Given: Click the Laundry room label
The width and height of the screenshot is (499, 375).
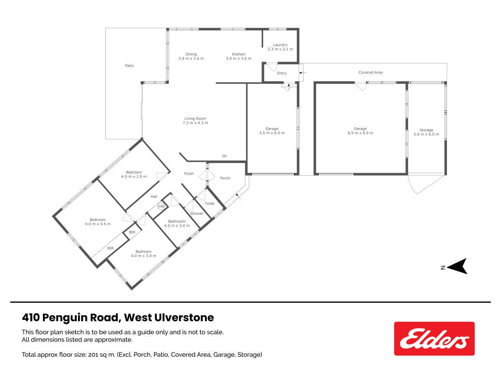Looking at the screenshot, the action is (280, 47).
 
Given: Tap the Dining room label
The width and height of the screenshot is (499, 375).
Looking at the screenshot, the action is (191, 56).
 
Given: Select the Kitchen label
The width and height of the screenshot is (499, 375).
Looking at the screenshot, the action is (238, 56).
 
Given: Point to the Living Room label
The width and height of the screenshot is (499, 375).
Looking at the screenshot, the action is (195, 120).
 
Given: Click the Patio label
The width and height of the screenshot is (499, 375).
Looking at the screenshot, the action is (129, 66).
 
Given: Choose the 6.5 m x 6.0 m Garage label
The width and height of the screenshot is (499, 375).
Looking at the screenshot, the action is (360, 131).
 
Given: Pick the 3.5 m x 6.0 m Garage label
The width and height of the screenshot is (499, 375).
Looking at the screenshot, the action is (272, 131).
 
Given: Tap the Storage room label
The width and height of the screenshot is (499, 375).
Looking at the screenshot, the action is (426, 132).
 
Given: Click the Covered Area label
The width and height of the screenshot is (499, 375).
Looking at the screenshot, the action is (370, 72).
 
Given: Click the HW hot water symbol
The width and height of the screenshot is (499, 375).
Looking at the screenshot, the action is (161, 207).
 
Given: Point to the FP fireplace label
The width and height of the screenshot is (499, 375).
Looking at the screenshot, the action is (224, 156).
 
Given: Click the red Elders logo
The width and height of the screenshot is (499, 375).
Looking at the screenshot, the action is (434, 339).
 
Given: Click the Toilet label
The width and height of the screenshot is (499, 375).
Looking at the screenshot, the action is (209, 203).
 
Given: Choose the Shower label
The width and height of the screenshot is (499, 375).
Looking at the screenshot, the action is (197, 214).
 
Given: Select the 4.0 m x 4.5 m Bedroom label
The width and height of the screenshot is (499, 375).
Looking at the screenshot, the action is (98, 222).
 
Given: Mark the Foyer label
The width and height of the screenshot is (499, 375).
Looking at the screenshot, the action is (189, 173).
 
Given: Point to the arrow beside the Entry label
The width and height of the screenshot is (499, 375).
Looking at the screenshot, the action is (302, 72).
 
